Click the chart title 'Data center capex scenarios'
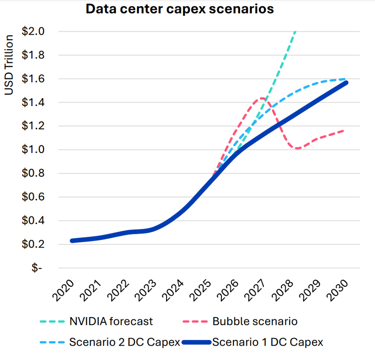(x=179, y=9)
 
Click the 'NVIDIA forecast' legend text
(x=111, y=321)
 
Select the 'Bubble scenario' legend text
(x=255, y=321)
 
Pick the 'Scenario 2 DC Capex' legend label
(x=125, y=342)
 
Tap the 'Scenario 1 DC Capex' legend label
(x=267, y=342)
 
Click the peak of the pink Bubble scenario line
(x=262, y=98)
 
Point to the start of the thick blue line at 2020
(x=72, y=241)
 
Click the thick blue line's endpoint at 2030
(x=346, y=83)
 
